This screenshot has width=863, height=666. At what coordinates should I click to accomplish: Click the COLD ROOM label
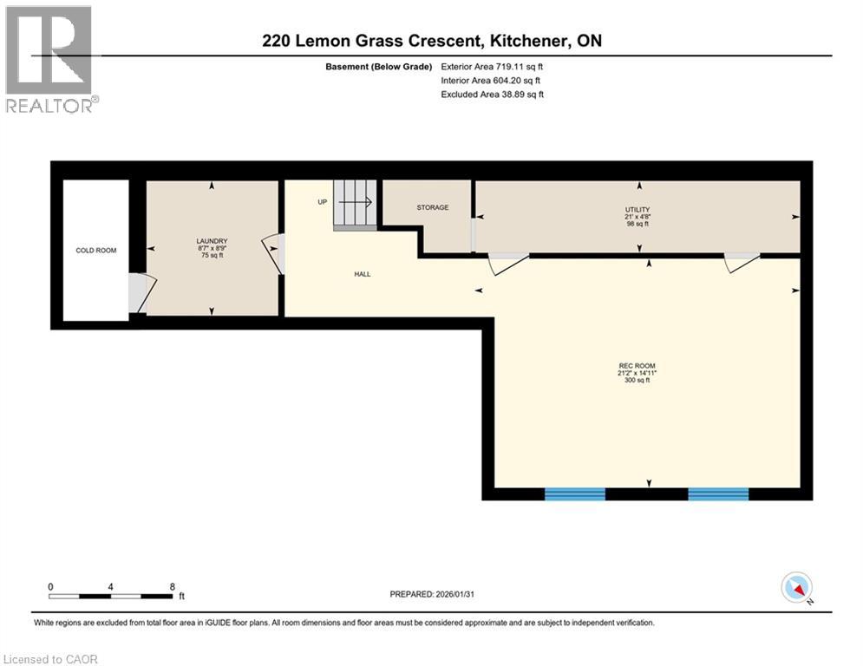[x=95, y=251]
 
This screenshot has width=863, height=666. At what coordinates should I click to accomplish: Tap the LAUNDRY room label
[x=212, y=241]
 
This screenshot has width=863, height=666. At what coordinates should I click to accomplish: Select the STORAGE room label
[x=432, y=207]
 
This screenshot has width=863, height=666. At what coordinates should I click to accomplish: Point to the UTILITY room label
[x=637, y=210]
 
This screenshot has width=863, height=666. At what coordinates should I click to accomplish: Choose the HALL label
[x=362, y=274]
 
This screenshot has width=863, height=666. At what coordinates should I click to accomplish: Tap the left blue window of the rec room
[x=574, y=494]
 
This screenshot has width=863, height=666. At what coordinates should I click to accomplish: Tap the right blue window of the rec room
[x=718, y=494]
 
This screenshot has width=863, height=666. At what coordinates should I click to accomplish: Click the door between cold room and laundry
[x=140, y=293]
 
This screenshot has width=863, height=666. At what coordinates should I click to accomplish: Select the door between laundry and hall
[x=276, y=253]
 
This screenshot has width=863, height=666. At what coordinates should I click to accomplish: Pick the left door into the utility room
[x=507, y=263]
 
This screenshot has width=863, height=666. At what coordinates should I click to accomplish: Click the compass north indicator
[x=797, y=588]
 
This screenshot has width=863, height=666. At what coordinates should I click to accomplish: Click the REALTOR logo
[x=50, y=59]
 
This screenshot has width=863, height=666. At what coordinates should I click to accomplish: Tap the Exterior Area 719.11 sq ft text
[x=493, y=66]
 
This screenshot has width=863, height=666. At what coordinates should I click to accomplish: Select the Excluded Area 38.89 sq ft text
[x=493, y=94]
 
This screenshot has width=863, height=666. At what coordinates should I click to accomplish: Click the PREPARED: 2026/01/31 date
[x=431, y=594]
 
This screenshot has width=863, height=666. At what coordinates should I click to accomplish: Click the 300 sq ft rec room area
[x=637, y=381]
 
